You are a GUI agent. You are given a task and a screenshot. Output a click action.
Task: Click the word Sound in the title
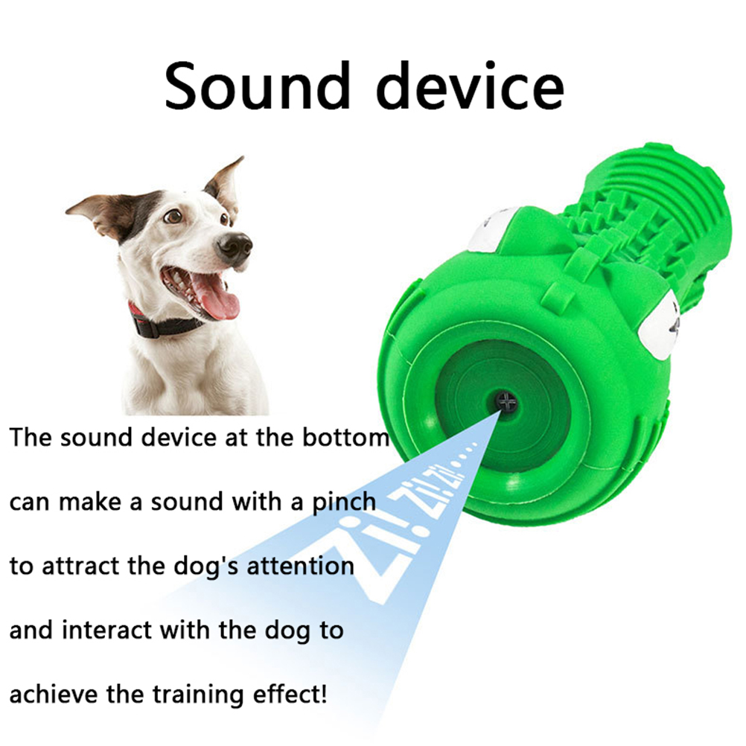coord(258,86)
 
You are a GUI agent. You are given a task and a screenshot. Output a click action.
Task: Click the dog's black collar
coord(163,321)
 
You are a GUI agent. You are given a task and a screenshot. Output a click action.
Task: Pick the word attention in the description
coord(300,566)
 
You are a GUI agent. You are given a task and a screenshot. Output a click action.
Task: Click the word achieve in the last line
coord(54,694)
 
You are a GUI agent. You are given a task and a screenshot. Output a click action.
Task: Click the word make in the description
coord(90,502)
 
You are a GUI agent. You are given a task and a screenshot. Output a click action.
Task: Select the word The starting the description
coord(31,437)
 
